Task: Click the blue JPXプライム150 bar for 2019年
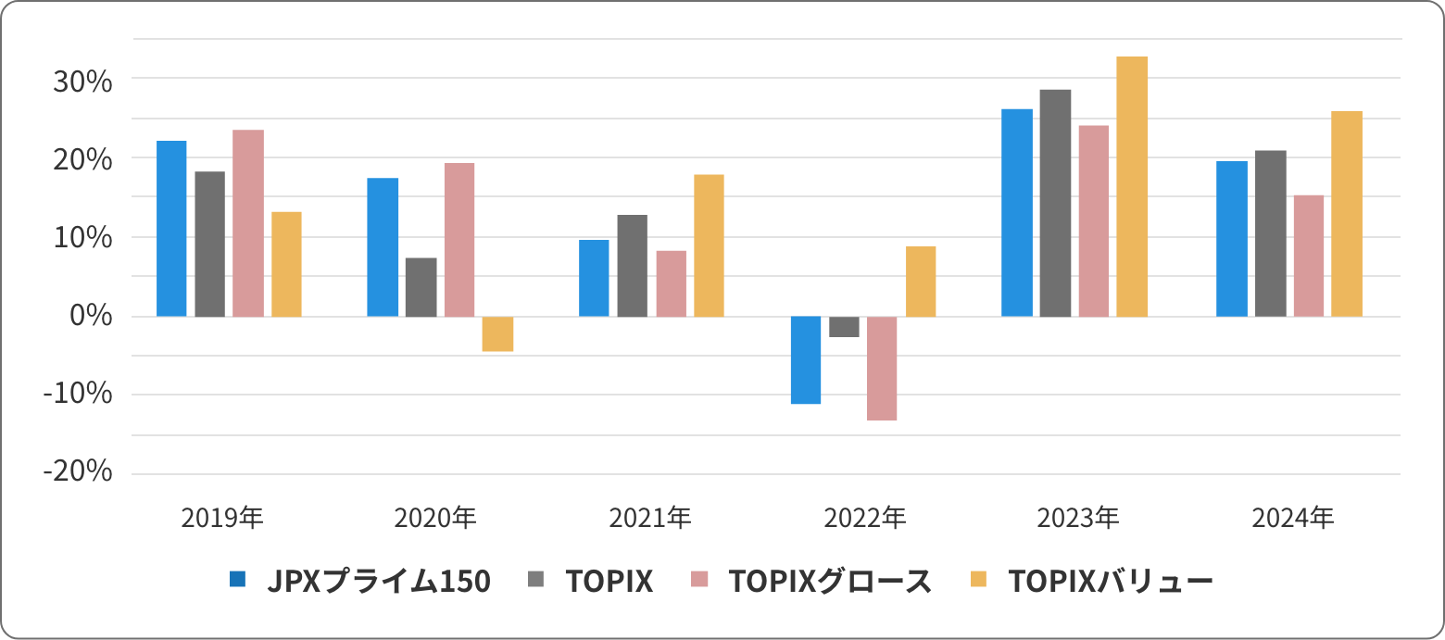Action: pos(171,229)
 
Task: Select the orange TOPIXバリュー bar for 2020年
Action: pos(497,333)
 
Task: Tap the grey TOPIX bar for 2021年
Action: pos(632,266)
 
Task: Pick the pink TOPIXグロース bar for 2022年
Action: pos(882,368)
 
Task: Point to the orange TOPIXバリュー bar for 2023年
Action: pos(1132,186)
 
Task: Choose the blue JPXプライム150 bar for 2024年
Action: pos(1231,239)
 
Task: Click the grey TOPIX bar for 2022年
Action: pos(844,326)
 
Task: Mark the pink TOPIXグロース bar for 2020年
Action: pos(459,240)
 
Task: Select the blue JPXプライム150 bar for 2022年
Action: pos(806,359)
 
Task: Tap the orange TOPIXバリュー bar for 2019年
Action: pos(286,264)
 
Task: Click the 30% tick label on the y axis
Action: pos(81,82)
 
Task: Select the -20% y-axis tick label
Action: pos(77,472)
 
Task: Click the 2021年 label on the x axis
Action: pos(650,518)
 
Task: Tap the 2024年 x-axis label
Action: pos(1293,518)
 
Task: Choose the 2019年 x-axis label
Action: pos(223,518)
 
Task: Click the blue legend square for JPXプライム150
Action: pos(238,580)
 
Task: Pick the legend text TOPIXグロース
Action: pos(830,581)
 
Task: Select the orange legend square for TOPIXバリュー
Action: pos(979,580)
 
